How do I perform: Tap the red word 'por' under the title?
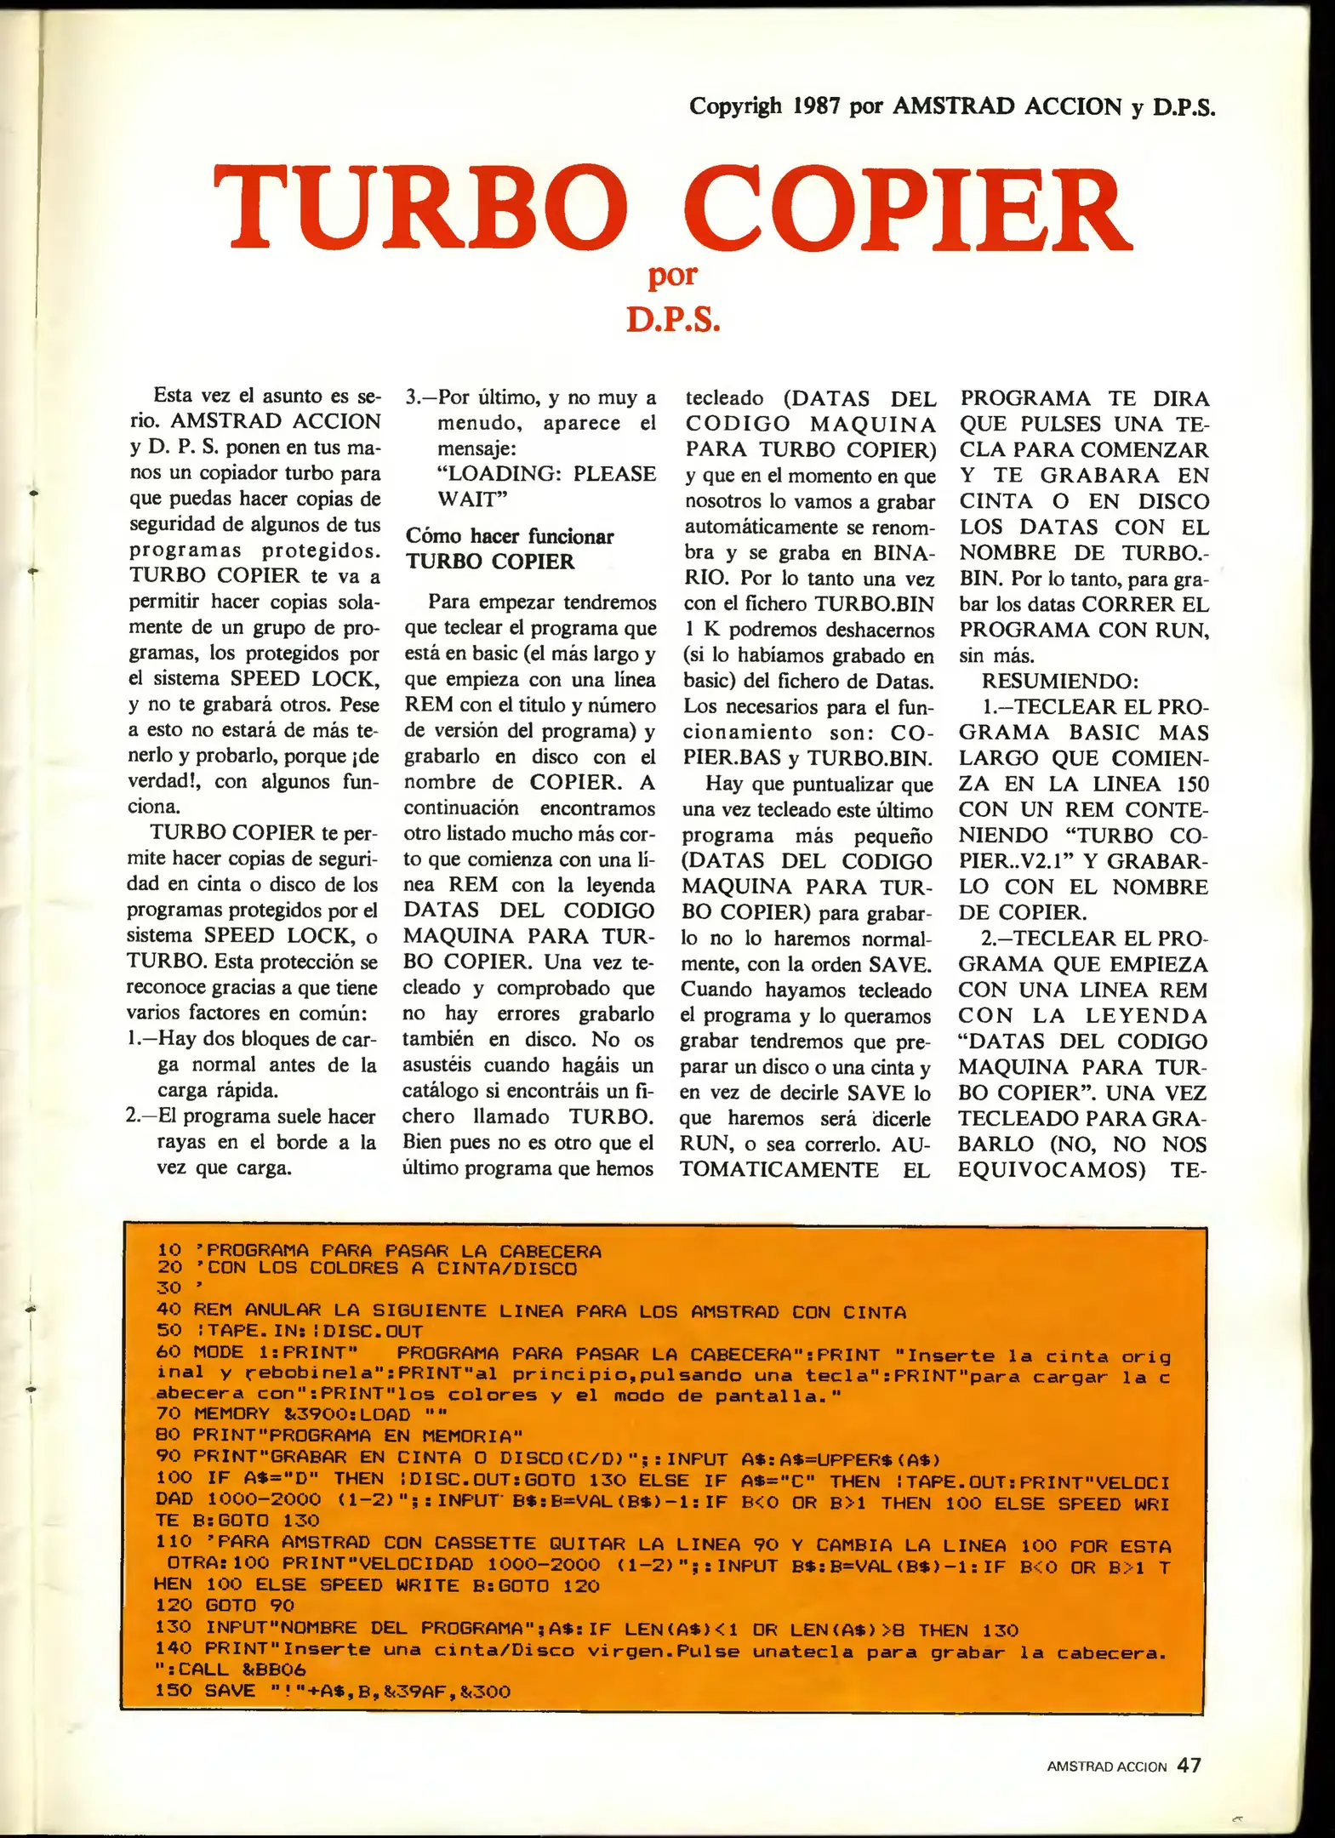pos(672,275)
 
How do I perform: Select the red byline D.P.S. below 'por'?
pos(673,321)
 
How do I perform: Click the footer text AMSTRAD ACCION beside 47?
pos(1106,1767)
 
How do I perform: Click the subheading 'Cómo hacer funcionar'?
pos(509,536)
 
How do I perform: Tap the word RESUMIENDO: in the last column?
pos(1059,681)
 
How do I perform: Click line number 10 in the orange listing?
pos(169,1250)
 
